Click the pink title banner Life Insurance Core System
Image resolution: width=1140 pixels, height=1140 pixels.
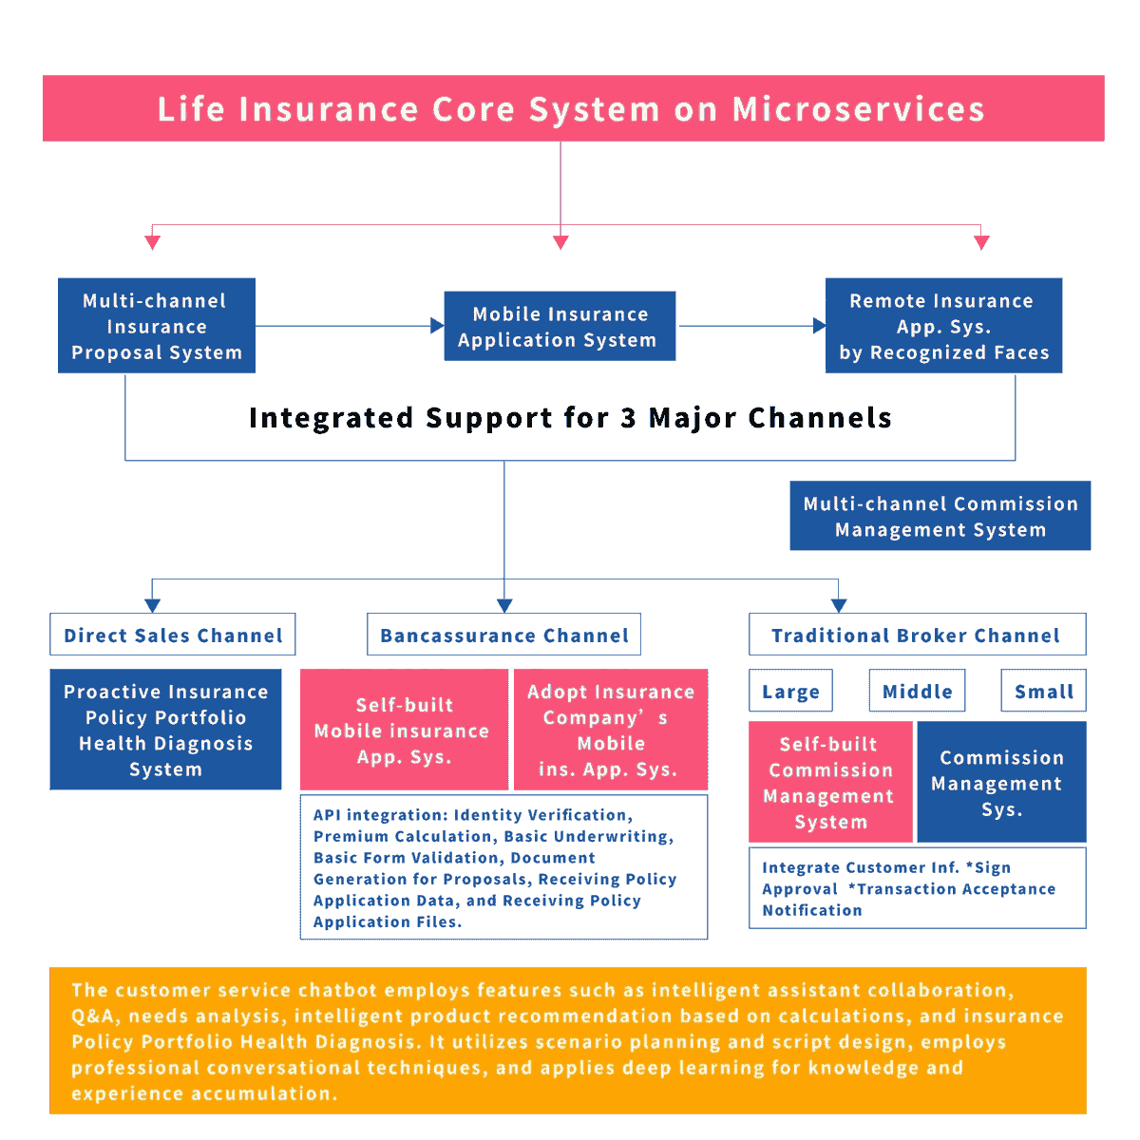tap(573, 108)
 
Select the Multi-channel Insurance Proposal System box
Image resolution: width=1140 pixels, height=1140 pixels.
tap(157, 326)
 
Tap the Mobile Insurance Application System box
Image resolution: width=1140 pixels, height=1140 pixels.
tap(560, 326)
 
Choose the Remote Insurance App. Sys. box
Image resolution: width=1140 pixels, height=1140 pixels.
tap(943, 326)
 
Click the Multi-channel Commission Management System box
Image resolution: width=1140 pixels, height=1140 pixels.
tap(940, 516)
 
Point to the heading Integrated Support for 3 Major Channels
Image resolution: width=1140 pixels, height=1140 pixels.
tap(570, 418)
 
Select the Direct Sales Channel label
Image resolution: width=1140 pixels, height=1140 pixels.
tap(173, 635)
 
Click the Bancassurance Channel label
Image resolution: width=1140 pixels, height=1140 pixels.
tap(503, 635)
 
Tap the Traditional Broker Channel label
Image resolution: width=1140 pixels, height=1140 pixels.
tap(917, 635)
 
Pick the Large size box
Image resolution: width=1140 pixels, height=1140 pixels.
tap(790, 691)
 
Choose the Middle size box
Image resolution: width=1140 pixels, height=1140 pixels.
tap(917, 691)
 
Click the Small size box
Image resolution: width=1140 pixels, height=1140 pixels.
tap(1042, 691)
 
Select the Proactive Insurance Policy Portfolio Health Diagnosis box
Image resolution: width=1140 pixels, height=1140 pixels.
tap(165, 730)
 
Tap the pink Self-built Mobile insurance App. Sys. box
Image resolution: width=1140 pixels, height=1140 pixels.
tap(404, 730)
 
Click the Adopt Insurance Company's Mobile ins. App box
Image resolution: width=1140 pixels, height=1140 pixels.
tap(611, 730)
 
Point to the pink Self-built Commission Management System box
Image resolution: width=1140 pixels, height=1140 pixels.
tap(830, 782)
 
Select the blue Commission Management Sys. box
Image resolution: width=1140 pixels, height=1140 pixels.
tap(1000, 782)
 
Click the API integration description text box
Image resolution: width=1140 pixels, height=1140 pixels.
tap(503, 866)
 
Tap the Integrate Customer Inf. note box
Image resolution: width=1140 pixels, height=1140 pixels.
tap(917, 887)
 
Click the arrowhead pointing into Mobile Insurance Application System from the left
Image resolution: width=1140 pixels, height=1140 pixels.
tap(438, 326)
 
